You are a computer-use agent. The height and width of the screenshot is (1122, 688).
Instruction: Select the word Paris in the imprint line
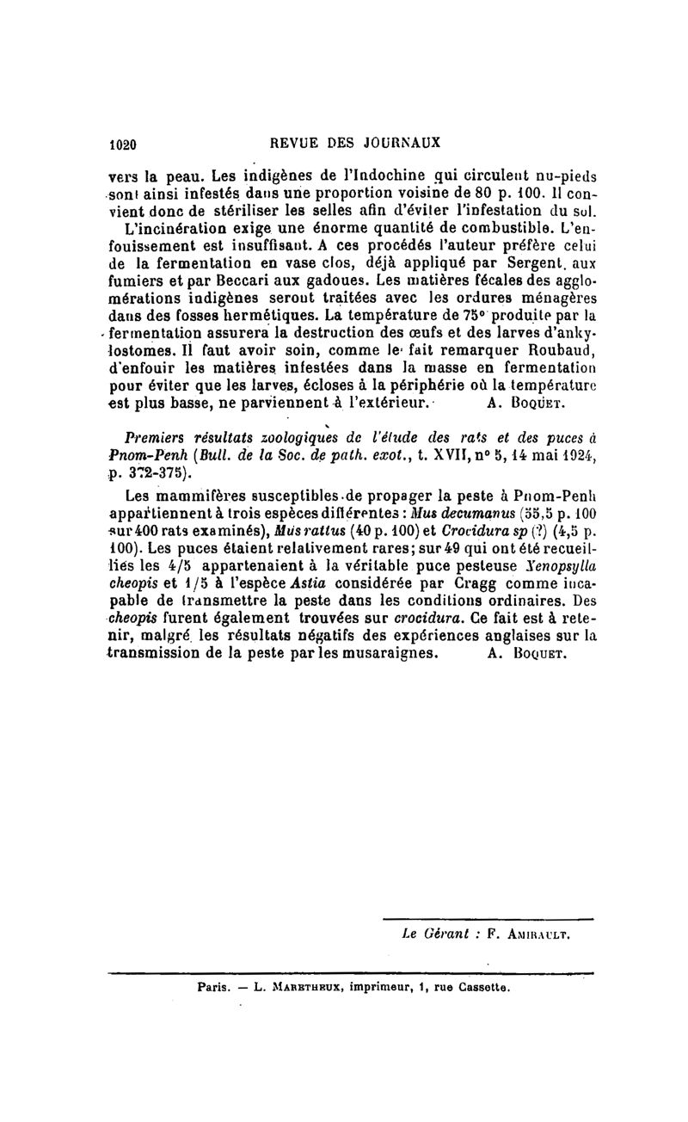pos(212,987)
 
